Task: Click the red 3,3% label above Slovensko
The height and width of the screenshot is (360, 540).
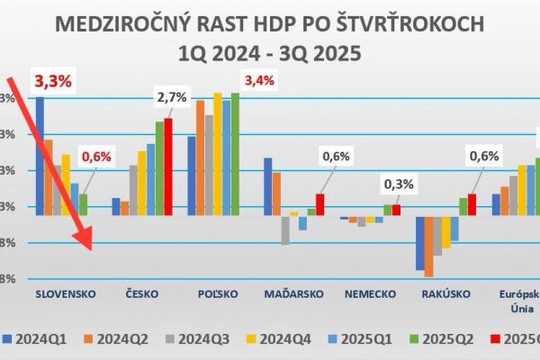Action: [x=53, y=80]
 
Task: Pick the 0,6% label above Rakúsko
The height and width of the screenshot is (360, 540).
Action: [x=483, y=157]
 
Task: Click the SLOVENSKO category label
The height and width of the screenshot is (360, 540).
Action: [x=65, y=294]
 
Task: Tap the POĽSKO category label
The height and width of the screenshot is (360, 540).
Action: [x=218, y=294]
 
